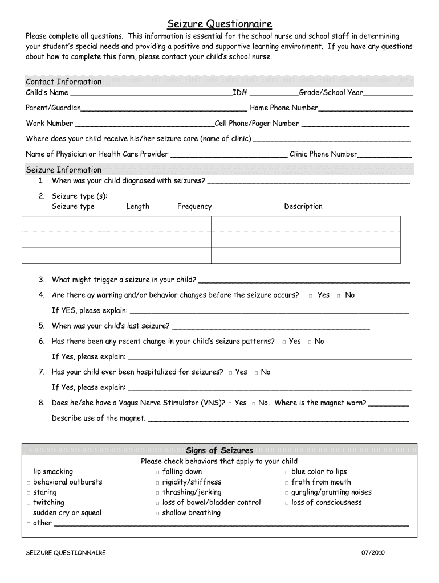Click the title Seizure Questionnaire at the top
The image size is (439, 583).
tap(219, 24)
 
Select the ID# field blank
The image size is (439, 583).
tap(274, 93)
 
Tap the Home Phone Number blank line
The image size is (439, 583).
tap(365, 109)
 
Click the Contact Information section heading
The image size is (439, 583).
tap(64, 81)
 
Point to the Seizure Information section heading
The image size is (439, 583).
tap(64, 170)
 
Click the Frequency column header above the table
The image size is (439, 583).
tap(194, 207)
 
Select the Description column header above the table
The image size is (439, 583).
tap(303, 207)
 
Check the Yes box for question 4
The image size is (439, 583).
tap(310, 296)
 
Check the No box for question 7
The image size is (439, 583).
tap(257, 373)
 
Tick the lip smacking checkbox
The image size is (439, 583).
tap(28, 473)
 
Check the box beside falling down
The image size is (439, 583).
tap(157, 473)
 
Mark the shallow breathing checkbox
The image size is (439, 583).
tap(157, 514)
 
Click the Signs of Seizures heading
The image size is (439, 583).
tap(219, 450)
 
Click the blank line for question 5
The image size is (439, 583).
tap(270, 327)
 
